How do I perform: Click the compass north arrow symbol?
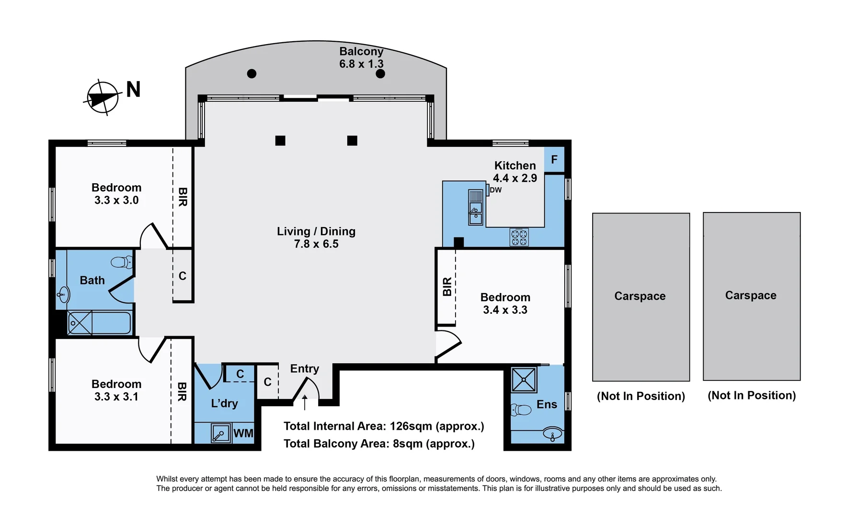(102, 97)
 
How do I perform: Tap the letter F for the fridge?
(554, 160)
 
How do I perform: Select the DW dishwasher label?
(496, 190)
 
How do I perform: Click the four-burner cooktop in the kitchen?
(519, 237)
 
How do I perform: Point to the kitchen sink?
(476, 208)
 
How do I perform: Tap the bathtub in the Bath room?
(99, 322)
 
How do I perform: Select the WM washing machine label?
(243, 434)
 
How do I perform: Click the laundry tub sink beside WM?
(220, 433)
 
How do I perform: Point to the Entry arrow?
(305, 402)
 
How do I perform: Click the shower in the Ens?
(524, 380)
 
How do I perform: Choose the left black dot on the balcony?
(252, 73)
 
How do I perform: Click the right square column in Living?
(352, 141)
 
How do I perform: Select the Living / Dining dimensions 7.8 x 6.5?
(316, 244)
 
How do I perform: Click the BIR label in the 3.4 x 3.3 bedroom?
(447, 286)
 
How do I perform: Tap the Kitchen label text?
(515, 165)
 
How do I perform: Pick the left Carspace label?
(640, 296)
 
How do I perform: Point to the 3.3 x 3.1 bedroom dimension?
(116, 397)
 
